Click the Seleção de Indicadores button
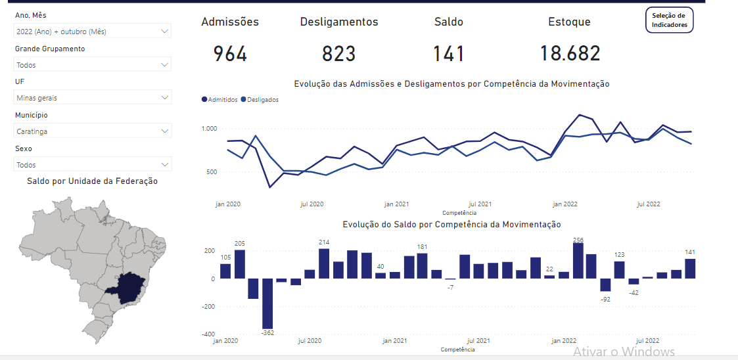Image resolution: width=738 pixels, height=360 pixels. pyautogui.click(x=669, y=20)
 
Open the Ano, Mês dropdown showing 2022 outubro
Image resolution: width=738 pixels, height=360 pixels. pyautogui.click(x=92, y=31)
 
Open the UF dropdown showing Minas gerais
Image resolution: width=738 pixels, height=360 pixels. pyautogui.click(x=92, y=98)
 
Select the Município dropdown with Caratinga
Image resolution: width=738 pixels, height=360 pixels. pyautogui.click(x=92, y=131)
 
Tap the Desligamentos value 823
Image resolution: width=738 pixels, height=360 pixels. pyautogui.click(x=339, y=54)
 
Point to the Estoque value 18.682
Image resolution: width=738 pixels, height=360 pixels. pyautogui.click(x=570, y=54)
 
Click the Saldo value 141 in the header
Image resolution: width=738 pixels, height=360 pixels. pyautogui.click(x=449, y=54)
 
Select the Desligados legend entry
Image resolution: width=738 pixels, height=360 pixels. pyautogui.click(x=260, y=100)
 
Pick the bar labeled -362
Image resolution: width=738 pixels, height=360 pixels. pyautogui.click(x=267, y=303)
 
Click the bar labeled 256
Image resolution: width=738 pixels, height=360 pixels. pyautogui.click(x=578, y=261)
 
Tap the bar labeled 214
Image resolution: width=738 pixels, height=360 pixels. pyautogui.click(x=324, y=263)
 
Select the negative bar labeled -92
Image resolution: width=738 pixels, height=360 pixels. pyautogui.click(x=605, y=284)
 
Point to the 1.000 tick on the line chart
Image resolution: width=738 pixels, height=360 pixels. pyautogui.click(x=208, y=129)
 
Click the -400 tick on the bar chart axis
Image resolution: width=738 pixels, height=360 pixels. pyautogui.click(x=208, y=334)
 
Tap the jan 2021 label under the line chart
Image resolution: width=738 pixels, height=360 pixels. pyautogui.click(x=396, y=204)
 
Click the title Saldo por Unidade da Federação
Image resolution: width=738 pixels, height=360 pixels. pyautogui.click(x=92, y=181)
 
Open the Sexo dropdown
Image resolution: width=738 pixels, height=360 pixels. pyautogui.click(x=92, y=165)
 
